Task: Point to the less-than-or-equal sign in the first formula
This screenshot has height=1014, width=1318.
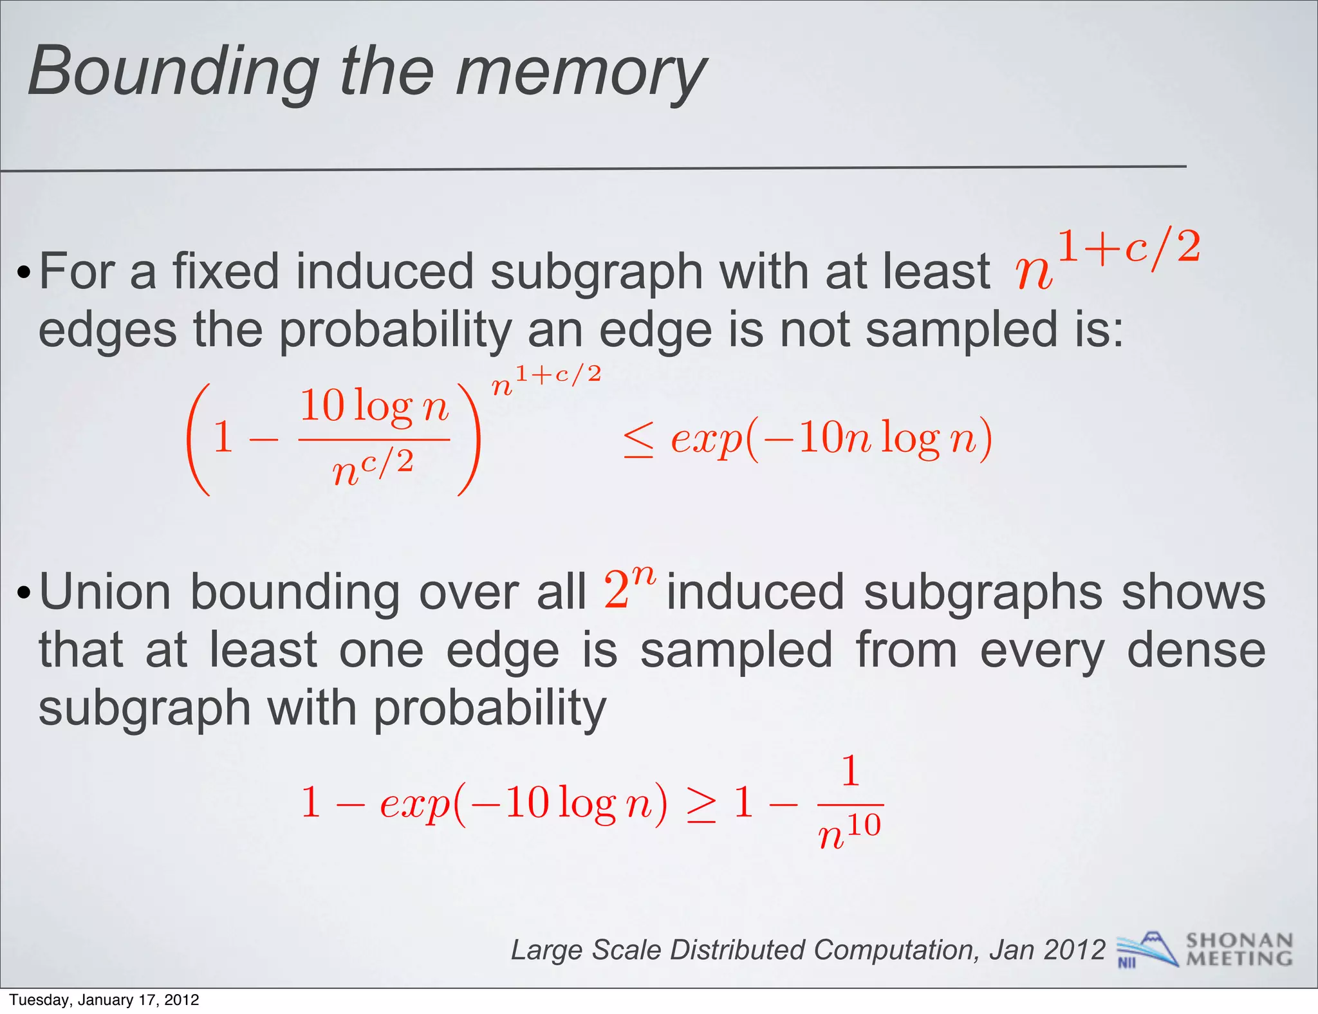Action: (x=639, y=441)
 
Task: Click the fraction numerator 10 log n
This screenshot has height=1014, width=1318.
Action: (x=374, y=407)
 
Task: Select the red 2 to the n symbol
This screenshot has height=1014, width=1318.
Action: (x=629, y=587)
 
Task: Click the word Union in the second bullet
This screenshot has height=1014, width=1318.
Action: (x=105, y=593)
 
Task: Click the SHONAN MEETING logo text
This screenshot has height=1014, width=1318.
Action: (x=1239, y=950)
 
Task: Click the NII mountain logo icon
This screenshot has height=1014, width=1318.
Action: (x=1147, y=950)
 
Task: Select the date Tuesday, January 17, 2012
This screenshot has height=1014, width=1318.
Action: (x=104, y=1000)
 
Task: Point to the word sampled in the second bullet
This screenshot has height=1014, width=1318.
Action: (x=736, y=650)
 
